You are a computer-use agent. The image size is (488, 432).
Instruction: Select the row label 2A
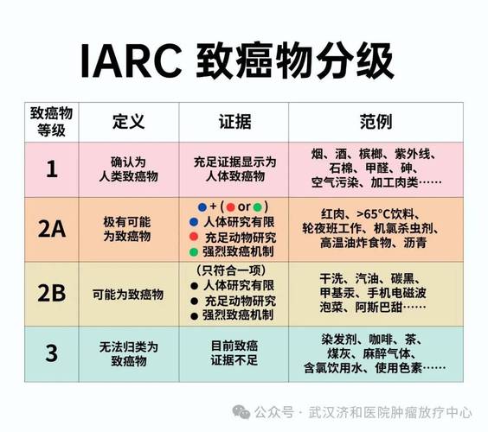click(51, 229)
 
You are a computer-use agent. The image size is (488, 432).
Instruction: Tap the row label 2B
click(51, 292)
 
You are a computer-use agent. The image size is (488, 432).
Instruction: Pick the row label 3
click(51, 353)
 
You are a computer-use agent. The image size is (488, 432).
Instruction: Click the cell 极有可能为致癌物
click(126, 229)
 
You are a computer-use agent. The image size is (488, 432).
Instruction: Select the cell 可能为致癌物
click(126, 292)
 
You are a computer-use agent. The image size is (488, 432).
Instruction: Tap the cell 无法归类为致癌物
click(126, 353)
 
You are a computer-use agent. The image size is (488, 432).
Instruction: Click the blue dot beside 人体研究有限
click(193, 222)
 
